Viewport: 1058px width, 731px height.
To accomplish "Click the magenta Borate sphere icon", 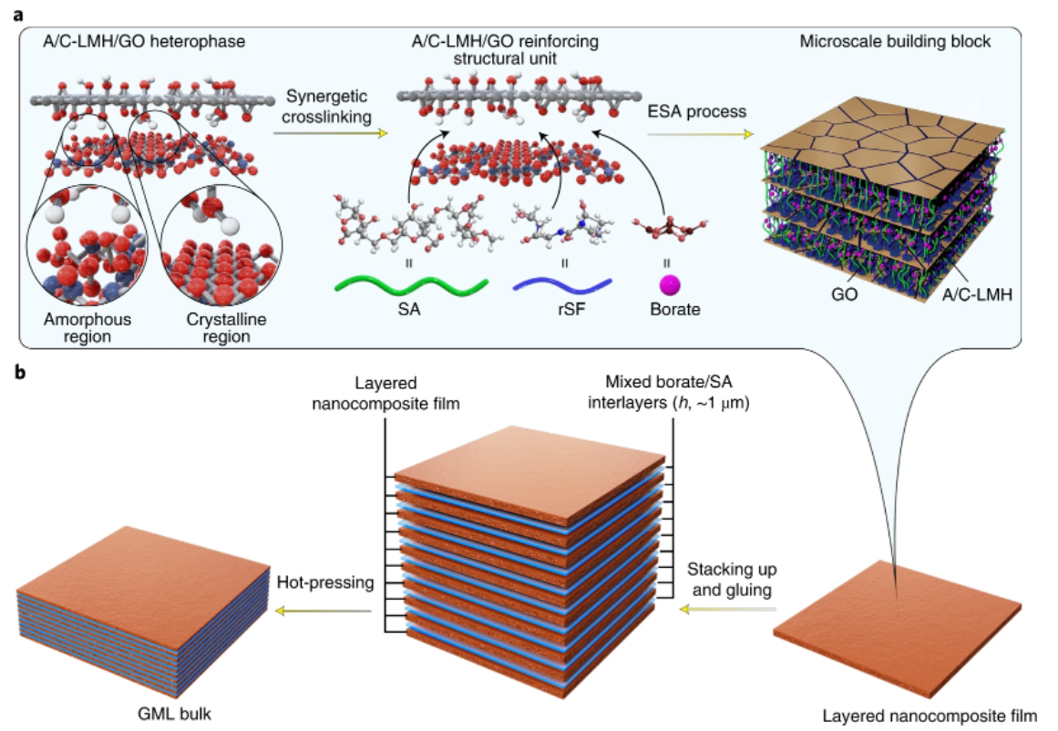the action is pos(670,285).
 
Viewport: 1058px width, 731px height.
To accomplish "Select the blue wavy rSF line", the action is pos(562,286).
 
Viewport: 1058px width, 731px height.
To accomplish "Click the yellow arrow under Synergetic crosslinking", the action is pos(331,134).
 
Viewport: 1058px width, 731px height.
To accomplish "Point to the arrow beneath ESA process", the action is pos(700,135).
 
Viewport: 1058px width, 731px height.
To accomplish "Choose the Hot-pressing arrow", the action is pos(324,611).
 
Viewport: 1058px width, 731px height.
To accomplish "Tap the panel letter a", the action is pos(19,15).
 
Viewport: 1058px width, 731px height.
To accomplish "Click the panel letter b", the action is pos(19,372).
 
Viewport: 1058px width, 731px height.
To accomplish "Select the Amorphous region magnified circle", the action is pos(87,246).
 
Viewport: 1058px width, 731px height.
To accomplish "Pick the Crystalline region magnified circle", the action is pos(221,246).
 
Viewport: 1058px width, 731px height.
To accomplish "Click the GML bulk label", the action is pos(175,714).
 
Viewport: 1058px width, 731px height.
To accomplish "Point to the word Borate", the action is pos(674,309).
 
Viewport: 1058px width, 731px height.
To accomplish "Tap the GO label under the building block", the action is pos(844,294).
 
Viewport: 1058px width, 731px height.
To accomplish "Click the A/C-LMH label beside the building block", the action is pos(977,294).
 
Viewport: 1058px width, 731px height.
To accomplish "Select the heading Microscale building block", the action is pos(896,41).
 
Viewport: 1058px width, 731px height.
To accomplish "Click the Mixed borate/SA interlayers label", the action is pos(669,392).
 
